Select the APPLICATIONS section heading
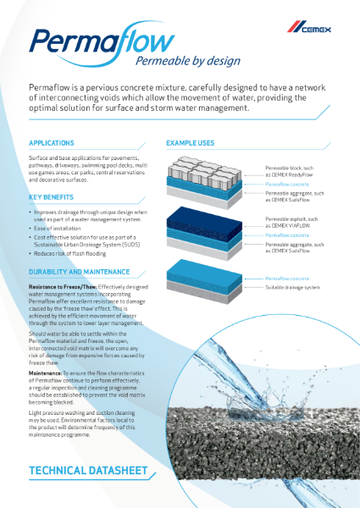click(52, 144)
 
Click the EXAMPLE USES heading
click(191, 144)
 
